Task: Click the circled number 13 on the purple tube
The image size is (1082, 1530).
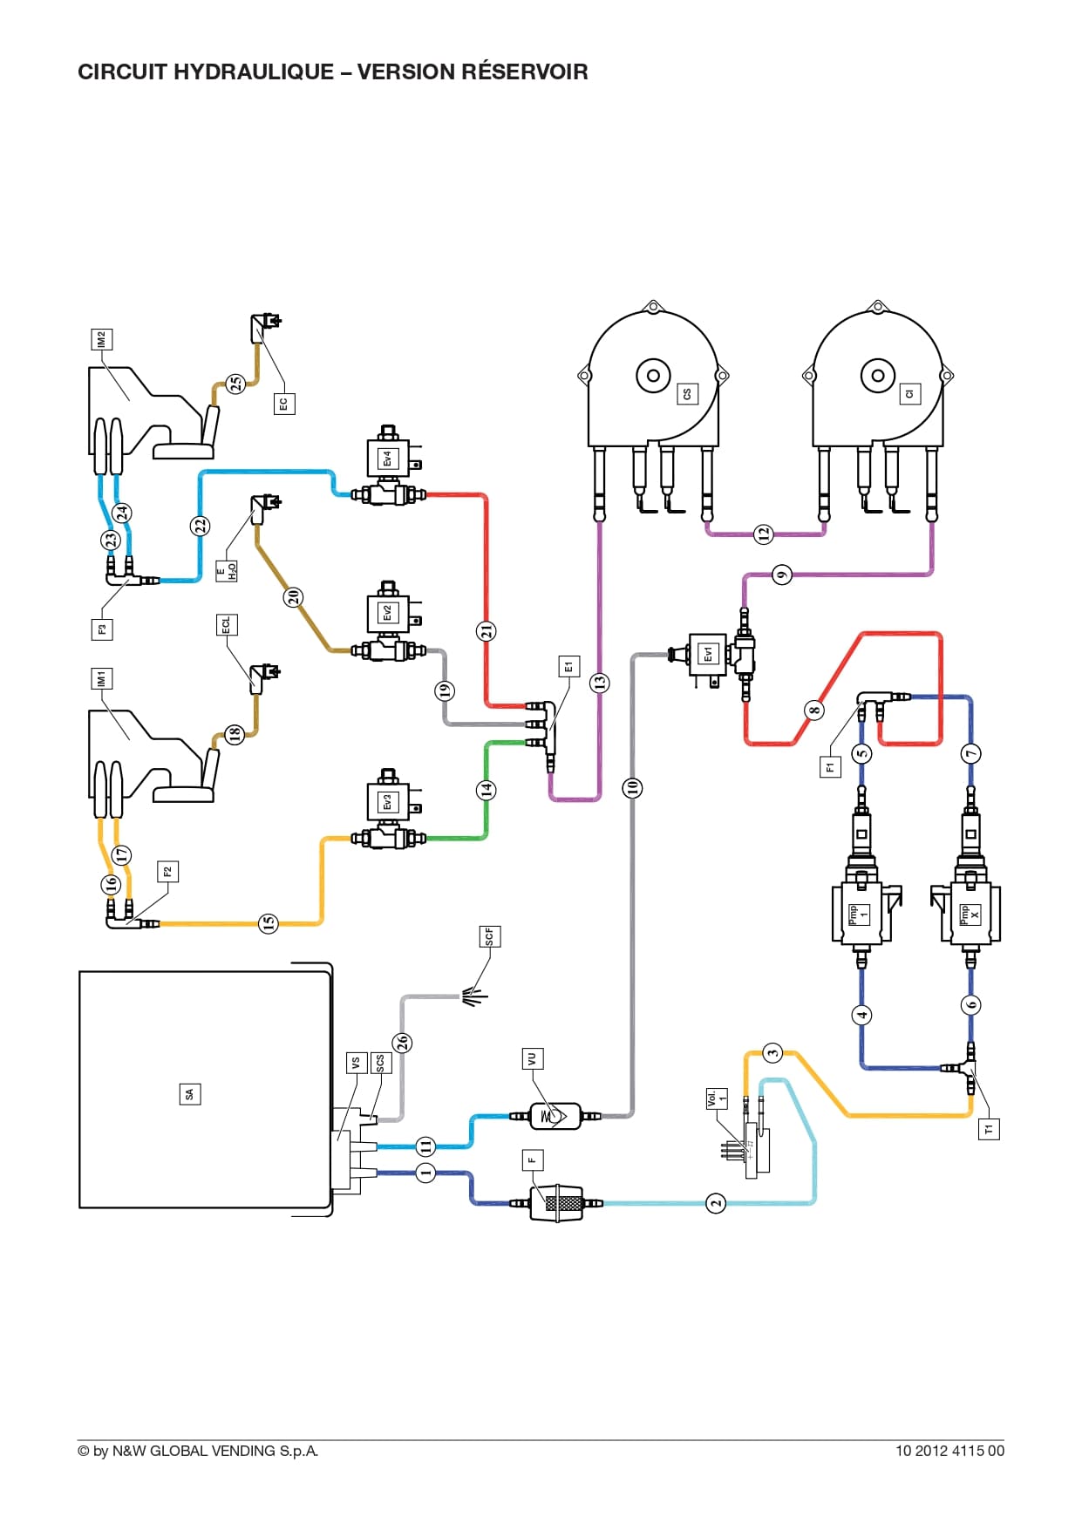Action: (599, 683)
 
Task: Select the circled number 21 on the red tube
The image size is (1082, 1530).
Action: (487, 630)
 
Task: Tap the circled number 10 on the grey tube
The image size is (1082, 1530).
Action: (632, 788)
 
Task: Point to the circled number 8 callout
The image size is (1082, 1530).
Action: (814, 710)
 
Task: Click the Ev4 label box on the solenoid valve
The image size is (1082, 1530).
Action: (388, 459)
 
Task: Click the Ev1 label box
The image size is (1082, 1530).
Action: (708, 653)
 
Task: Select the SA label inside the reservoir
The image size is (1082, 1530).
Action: (190, 1094)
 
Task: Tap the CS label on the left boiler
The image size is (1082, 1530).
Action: (687, 395)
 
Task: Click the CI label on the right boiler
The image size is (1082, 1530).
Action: (909, 395)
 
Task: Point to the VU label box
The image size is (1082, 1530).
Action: (532, 1059)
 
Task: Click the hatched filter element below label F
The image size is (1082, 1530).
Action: (556, 1203)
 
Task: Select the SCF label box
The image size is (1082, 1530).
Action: (489, 937)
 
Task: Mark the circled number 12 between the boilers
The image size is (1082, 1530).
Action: (764, 534)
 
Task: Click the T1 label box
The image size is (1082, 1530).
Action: (989, 1130)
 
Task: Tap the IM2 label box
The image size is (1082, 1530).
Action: (102, 339)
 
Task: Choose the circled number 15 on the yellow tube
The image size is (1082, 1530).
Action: (269, 922)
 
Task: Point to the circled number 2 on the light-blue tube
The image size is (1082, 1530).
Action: (716, 1203)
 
